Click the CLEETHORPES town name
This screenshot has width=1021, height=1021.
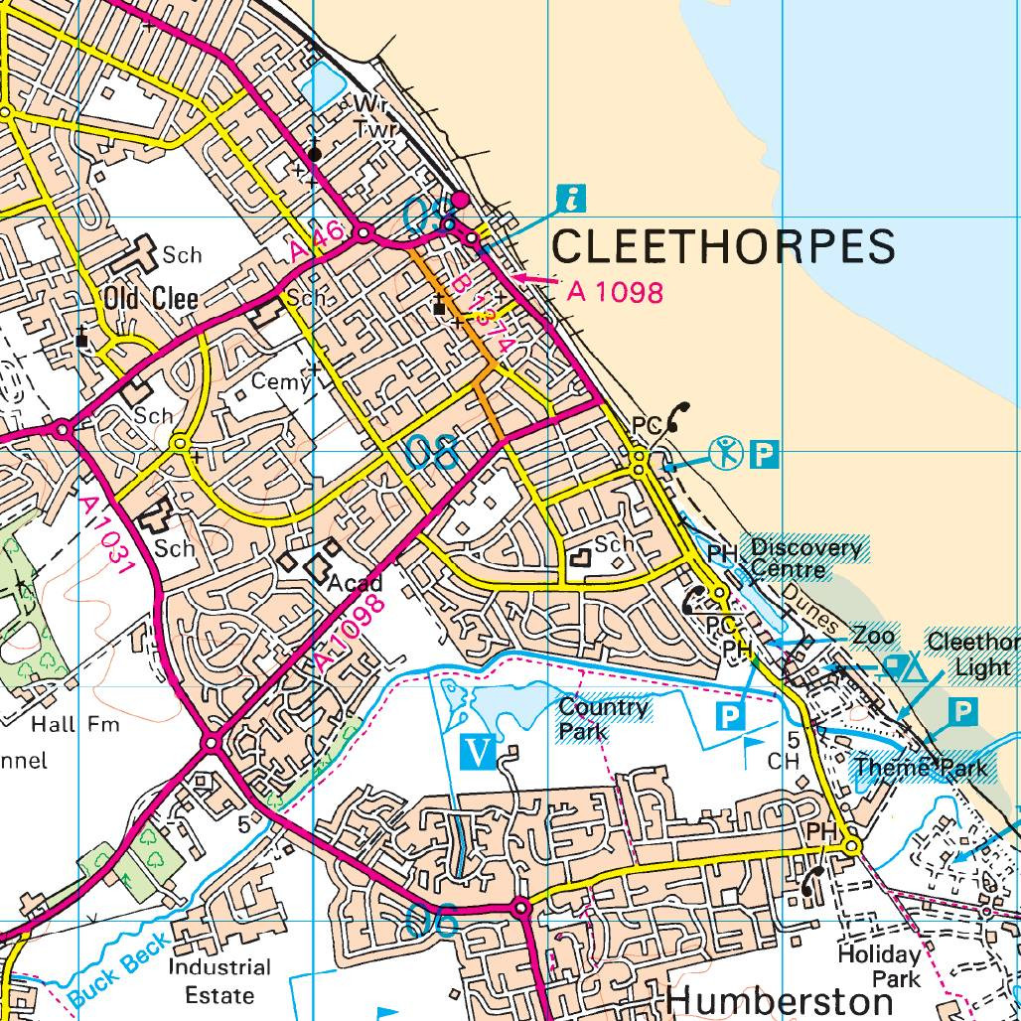(x=723, y=245)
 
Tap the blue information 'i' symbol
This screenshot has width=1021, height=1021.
(x=570, y=199)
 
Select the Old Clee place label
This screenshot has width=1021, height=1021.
(x=151, y=299)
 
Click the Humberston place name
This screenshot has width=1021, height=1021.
(x=780, y=1001)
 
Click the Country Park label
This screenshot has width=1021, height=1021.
(x=603, y=717)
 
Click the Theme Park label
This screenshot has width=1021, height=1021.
(x=921, y=767)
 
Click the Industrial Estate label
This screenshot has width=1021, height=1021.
(x=219, y=980)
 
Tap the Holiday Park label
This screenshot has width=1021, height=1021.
(x=879, y=966)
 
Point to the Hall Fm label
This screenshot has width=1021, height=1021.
(x=75, y=724)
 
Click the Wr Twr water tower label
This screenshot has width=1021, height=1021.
(x=373, y=116)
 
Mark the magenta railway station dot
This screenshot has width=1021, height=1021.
(x=460, y=200)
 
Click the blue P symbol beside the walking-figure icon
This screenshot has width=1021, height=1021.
(x=763, y=455)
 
